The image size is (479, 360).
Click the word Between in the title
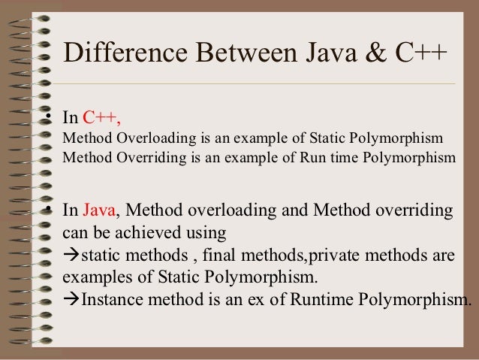[236, 55]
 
